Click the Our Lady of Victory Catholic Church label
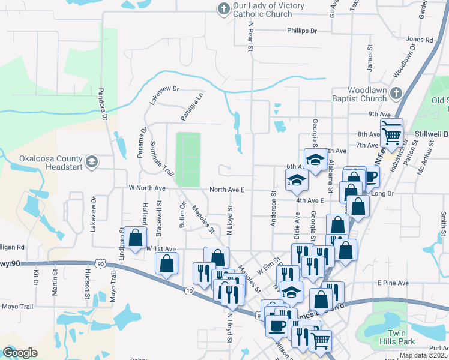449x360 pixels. (268, 10)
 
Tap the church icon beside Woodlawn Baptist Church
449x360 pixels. (395, 93)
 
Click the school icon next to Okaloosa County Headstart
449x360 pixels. (91, 161)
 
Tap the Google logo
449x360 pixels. (20, 353)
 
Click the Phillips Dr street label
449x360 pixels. (301, 31)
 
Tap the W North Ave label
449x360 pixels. (146, 188)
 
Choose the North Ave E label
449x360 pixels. (227, 190)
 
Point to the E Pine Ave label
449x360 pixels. (393, 283)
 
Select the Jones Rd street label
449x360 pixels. (419, 40)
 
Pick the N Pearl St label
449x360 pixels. (252, 37)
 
